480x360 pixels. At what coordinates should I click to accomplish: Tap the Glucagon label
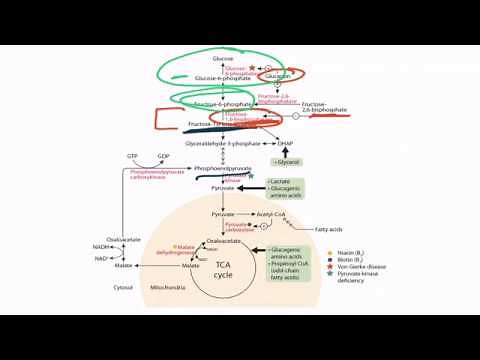(279, 76)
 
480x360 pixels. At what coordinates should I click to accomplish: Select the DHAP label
(285, 142)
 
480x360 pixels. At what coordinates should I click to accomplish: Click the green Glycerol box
(287, 160)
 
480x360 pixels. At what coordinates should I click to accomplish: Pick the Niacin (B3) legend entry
(386, 254)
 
